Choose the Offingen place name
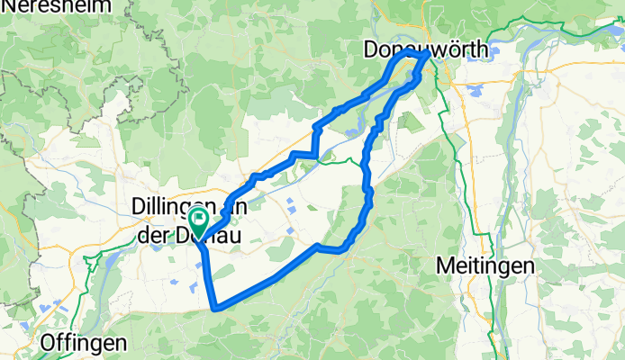coord(85,342)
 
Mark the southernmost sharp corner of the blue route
coord(214,309)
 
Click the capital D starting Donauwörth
coord(373,51)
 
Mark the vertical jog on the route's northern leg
coord(315,139)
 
